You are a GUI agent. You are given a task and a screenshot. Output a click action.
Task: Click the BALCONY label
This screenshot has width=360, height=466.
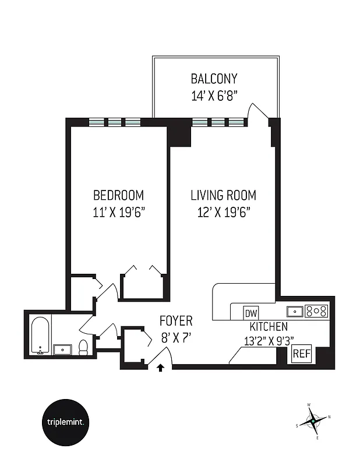point(214,79)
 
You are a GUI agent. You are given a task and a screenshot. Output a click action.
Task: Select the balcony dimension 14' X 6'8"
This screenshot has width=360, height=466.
point(214,96)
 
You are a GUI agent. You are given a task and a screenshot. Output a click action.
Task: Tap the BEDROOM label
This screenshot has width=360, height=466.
point(119,195)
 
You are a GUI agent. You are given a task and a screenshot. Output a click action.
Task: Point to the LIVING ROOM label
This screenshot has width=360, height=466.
point(223,195)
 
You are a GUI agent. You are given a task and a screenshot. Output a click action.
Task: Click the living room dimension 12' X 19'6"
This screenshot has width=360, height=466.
point(223,212)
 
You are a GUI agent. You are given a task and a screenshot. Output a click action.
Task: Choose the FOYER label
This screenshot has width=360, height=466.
point(176,321)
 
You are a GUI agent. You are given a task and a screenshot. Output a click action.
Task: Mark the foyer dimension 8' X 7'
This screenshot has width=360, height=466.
point(176,337)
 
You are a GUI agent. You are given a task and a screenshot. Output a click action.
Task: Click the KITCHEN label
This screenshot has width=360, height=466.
point(269,326)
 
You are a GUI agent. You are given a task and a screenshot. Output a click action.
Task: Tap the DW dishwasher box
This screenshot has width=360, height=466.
point(251,312)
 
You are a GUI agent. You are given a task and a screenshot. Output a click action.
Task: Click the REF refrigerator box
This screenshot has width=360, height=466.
point(301,354)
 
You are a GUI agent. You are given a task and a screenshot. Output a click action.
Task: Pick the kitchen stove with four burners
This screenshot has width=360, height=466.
point(317,311)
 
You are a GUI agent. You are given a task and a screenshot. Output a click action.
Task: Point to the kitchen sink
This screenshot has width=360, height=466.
point(295,311)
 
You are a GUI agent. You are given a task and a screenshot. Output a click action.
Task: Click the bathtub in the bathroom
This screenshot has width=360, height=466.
point(40,336)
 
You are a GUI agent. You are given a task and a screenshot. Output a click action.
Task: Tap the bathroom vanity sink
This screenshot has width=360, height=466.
point(62,349)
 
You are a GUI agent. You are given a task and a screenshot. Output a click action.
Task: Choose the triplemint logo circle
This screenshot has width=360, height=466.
point(66,422)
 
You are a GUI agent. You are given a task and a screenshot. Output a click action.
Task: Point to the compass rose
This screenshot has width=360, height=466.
point(313,421)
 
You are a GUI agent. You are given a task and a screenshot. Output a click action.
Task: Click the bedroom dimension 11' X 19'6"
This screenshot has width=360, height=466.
point(119,212)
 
